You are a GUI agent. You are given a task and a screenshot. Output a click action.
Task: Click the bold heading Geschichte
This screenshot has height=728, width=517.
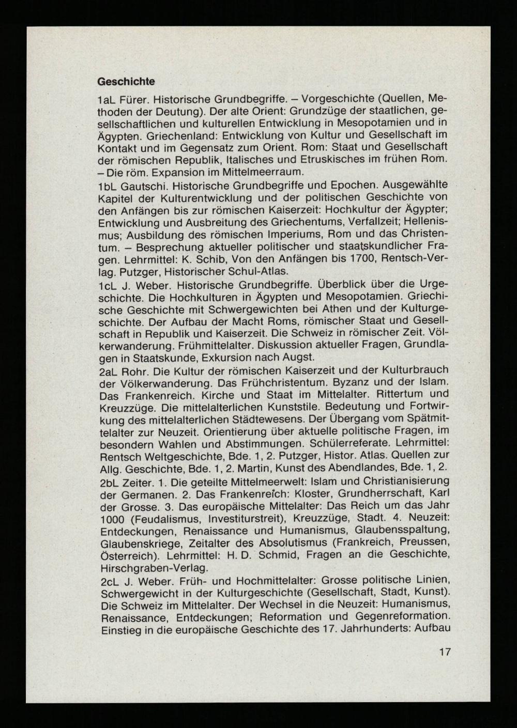(126, 81)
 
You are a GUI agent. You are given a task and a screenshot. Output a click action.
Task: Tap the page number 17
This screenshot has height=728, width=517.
(445, 652)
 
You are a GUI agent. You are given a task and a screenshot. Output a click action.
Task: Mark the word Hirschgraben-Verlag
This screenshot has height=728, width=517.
(155, 567)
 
